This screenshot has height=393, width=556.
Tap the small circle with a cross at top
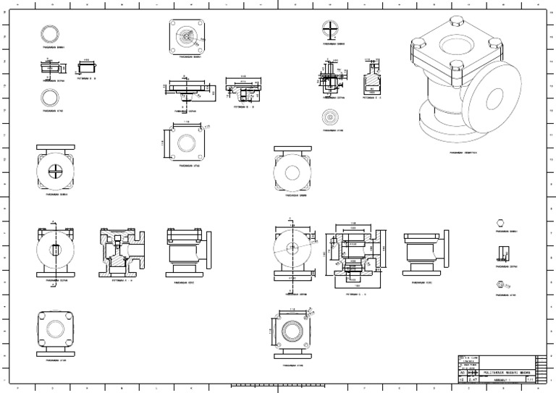[x=329, y=30]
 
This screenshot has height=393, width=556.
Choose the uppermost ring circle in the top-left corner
[x=50, y=33]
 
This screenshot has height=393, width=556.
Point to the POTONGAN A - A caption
[x=121, y=279]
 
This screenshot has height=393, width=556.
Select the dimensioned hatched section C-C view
[x=350, y=253]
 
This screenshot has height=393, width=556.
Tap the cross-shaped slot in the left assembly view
[x=56, y=171]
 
